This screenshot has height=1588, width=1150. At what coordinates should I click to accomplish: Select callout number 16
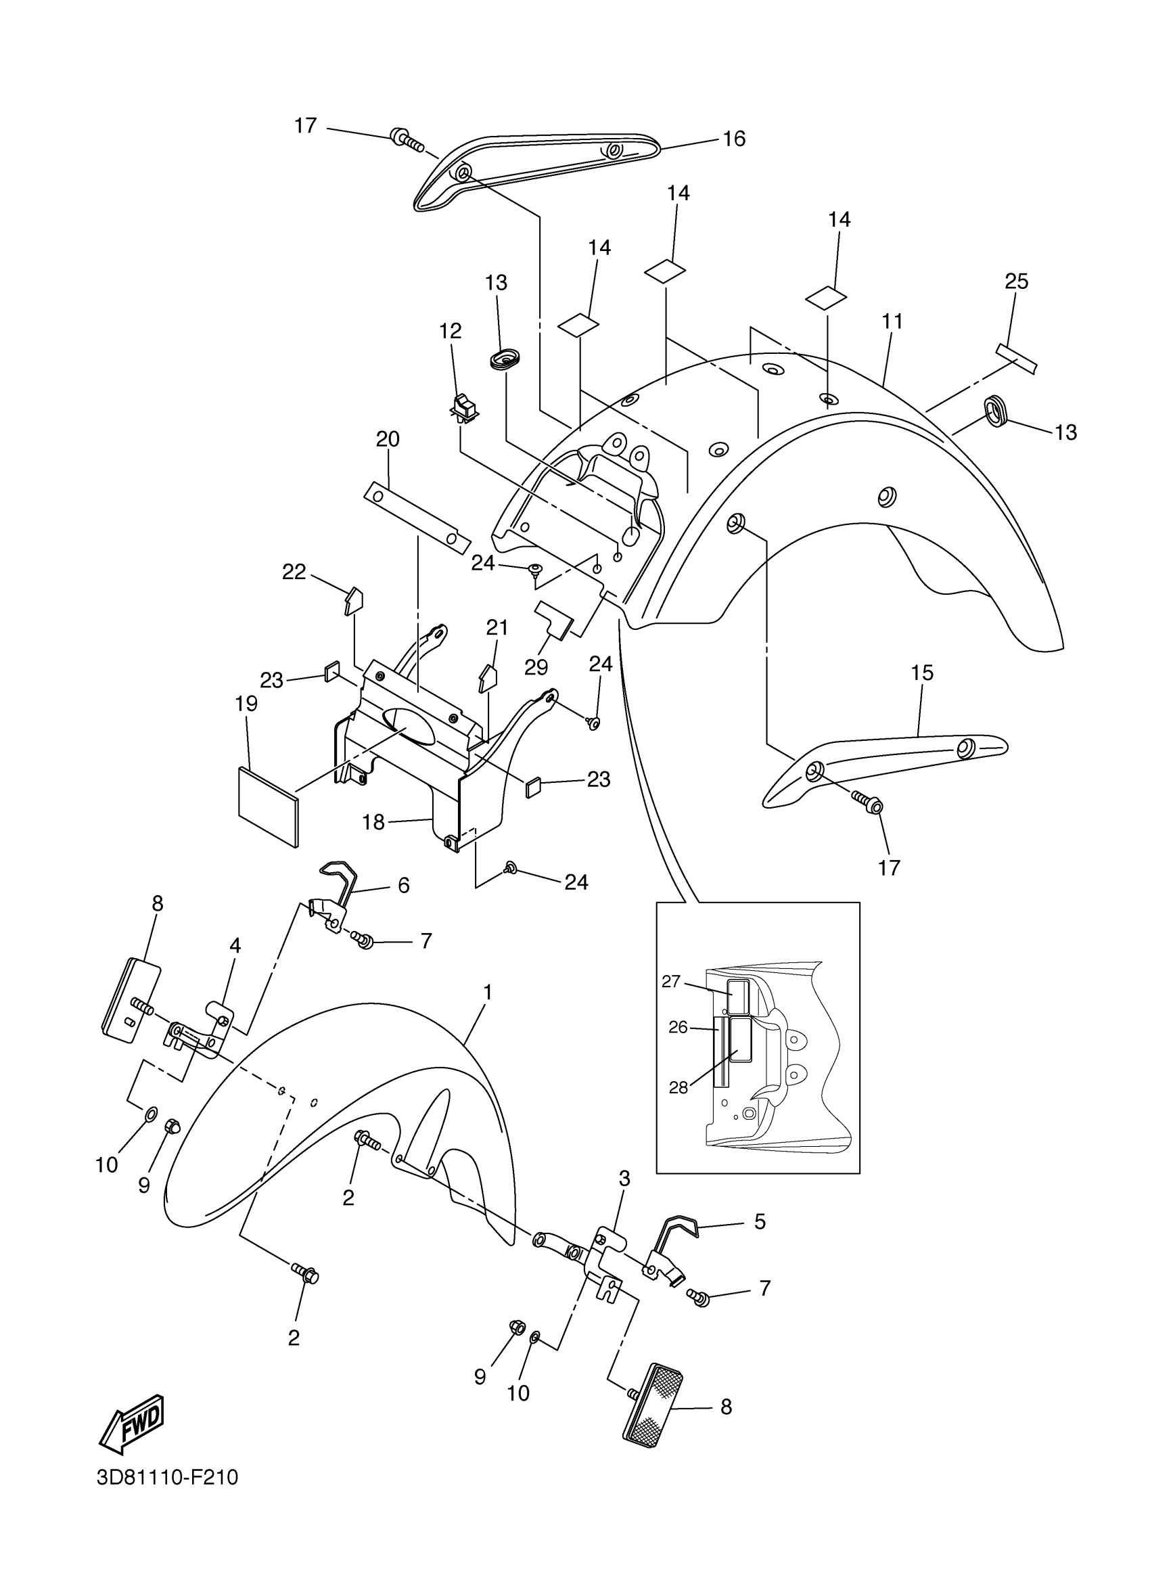point(733,139)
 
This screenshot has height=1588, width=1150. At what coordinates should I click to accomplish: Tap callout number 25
point(1016,281)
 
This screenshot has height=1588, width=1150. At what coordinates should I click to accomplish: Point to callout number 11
point(892,321)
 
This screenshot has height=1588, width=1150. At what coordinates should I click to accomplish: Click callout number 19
point(246,703)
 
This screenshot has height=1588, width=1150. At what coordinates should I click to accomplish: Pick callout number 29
point(536,666)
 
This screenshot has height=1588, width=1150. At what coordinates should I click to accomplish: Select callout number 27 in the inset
point(670,982)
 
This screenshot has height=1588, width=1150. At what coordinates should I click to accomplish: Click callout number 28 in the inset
point(678,1088)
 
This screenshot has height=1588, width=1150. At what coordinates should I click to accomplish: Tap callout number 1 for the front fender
point(488,992)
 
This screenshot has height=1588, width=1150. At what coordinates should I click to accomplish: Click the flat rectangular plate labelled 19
point(268,807)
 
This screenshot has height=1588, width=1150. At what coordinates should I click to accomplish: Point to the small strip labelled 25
point(1016,358)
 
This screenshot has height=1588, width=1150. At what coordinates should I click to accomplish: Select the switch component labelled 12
point(464,407)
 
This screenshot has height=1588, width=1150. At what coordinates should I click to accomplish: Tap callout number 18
point(374,822)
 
